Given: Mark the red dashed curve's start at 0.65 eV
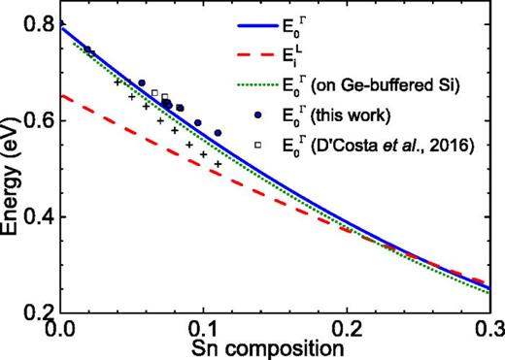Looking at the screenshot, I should (x=62, y=96).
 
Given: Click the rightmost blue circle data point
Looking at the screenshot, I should (x=218, y=132).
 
